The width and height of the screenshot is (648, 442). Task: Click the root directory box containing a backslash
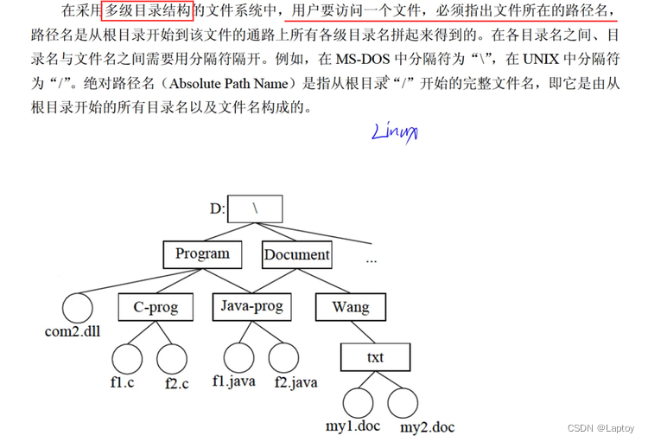click(256, 208)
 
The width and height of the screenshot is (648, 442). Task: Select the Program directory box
click(202, 254)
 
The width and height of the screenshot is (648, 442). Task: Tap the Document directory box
click(296, 254)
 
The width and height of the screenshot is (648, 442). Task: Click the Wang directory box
click(350, 306)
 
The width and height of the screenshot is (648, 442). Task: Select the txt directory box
click(374, 356)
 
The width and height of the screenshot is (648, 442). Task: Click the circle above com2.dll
click(76, 307)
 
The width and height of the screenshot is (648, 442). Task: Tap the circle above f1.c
click(127, 358)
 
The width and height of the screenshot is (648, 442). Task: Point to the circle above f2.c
click(172, 358)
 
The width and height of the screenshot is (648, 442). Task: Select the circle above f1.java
click(238, 357)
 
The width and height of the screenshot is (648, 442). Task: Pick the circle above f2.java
click(283, 357)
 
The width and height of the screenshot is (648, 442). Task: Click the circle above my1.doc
click(357, 403)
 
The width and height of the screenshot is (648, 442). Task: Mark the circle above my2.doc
click(403, 403)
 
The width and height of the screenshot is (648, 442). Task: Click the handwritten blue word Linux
click(395, 132)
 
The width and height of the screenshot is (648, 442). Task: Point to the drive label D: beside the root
click(216, 208)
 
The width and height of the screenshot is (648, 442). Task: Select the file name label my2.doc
click(427, 427)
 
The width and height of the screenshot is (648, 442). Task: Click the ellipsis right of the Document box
click(372, 259)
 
